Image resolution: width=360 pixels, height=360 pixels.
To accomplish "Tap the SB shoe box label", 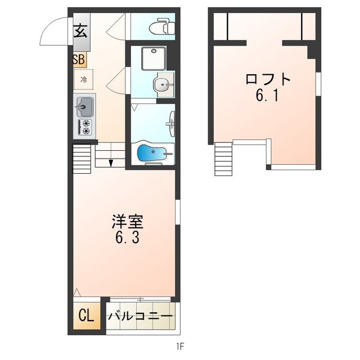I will tap(79, 59).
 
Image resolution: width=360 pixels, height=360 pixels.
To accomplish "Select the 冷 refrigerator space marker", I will tap(84, 79).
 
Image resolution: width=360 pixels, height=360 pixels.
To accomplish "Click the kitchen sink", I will tap(84, 105).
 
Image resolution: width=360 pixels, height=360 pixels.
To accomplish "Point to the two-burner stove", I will tap(86, 127).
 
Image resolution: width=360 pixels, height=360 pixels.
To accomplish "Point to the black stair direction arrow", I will tap(111, 163).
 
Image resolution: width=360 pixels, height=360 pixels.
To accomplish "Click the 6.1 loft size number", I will tap(268, 96).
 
